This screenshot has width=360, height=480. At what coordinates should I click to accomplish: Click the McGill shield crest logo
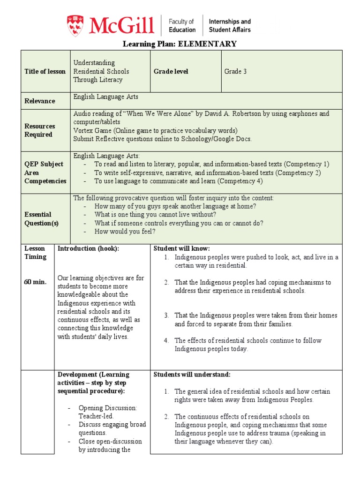click(75, 25)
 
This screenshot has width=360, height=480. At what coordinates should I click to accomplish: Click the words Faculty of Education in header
click(182, 26)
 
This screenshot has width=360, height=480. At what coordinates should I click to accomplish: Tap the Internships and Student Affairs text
click(229, 26)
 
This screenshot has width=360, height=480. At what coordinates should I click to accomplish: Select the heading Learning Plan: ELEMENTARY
click(180, 44)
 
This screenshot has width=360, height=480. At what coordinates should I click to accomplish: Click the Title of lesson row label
click(45, 71)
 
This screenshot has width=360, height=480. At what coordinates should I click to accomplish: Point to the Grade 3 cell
click(235, 71)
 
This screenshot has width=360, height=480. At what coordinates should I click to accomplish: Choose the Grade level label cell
click(171, 71)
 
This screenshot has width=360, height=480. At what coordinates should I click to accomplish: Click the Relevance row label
click(40, 101)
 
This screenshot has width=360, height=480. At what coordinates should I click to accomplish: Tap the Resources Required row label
click(40, 130)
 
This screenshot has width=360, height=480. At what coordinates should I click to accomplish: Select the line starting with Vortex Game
click(155, 130)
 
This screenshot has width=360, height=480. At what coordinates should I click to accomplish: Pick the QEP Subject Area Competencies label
click(45, 172)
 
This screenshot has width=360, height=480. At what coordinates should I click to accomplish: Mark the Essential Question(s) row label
click(42, 219)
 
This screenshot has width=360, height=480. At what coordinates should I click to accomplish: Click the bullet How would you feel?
click(125, 232)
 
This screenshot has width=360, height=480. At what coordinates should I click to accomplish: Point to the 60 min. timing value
click(36, 282)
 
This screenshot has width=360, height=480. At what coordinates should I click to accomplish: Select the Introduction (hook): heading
click(89, 248)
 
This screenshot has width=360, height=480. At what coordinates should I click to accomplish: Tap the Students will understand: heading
click(192, 375)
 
